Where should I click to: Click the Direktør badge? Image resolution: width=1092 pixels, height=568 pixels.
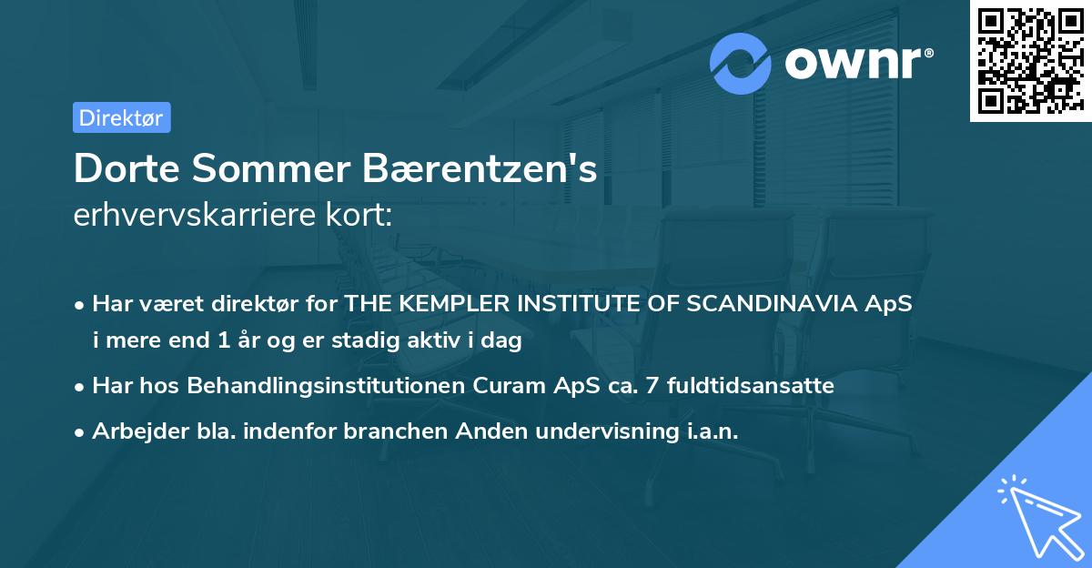tap(121, 117)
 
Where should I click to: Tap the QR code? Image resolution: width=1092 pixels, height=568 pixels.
tap(1030, 60)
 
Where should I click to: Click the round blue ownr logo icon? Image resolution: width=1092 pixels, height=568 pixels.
tap(741, 63)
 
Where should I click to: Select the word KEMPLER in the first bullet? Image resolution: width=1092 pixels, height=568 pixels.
tap(446, 304)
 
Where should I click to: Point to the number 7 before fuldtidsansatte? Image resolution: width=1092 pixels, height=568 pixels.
tap(651, 385)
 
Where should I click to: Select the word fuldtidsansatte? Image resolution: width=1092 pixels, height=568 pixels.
tap(750, 385)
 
